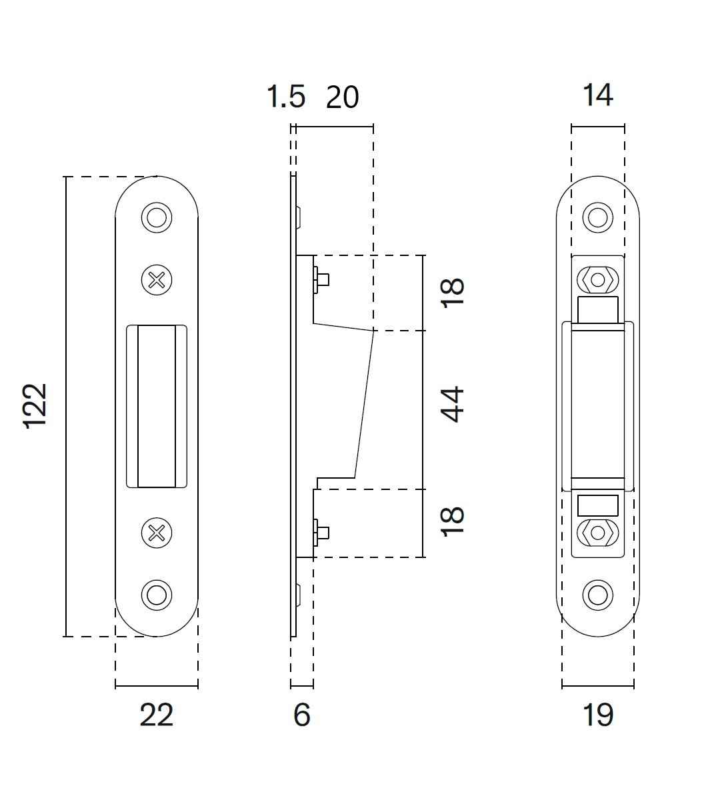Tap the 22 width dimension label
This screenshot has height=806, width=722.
pyautogui.click(x=157, y=715)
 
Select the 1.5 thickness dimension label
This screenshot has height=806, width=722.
pyautogui.click(x=286, y=97)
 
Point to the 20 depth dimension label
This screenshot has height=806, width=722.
pyautogui.click(x=342, y=97)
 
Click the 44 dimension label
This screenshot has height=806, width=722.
pyautogui.click(x=453, y=404)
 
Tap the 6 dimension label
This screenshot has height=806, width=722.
pyautogui.click(x=302, y=715)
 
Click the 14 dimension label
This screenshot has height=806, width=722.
pyautogui.click(x=597, y=95)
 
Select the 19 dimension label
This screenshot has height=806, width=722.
pyautogui.click(x=597, y=715)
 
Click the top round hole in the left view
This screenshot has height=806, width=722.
pyautogui.click(x=157, y=217)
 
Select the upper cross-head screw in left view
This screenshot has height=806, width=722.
pyautogui.click(x=157, y=280)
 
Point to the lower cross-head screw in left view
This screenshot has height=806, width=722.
pyautogui.click(x=157, y=532)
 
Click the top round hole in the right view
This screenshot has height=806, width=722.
pyautogui.click(x=597, y=217)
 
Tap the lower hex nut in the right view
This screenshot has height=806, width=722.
pyautogui.click(x=597, y=533)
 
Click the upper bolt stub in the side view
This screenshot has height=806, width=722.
pyautogui.click(x=321, y=279)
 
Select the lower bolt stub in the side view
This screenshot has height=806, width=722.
pyautogui.click(x=321, y=531)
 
